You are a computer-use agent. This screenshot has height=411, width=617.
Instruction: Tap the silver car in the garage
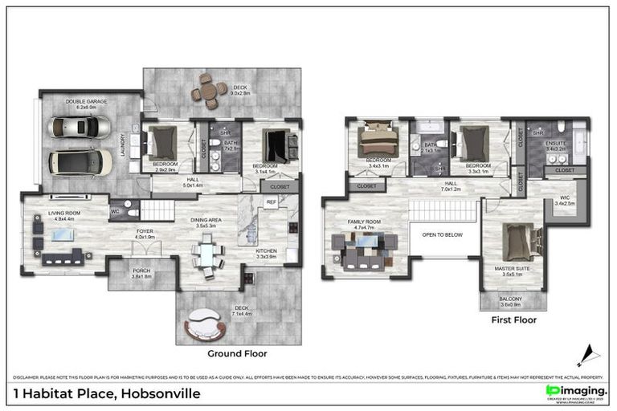tap(80, 128)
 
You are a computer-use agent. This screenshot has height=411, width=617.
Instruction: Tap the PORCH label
tap(141, 271)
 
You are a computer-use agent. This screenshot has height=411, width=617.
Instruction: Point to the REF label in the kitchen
tap(272, 202)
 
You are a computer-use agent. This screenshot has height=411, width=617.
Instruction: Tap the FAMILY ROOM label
tap(362, 222)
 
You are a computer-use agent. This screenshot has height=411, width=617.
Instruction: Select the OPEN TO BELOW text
tap(443, 235)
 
